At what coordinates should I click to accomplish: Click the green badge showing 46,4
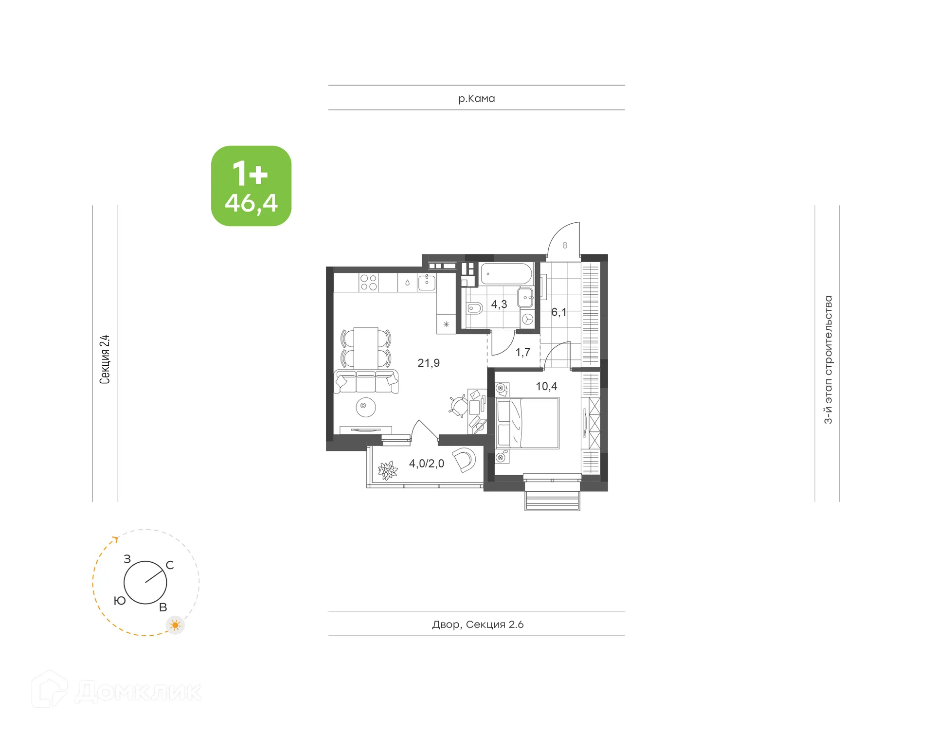click(251, 186)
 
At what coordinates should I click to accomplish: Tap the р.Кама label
click(476, 98)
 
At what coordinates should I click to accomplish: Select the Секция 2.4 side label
click(105, 359)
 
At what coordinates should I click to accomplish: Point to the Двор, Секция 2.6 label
click(478, 624)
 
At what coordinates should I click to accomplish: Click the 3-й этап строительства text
click(828, 359)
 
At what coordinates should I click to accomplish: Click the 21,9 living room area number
click(429, 363)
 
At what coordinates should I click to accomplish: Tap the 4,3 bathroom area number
click(499, 304)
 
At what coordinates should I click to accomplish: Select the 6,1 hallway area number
click(558, 312)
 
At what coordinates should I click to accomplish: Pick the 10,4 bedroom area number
click(546, 386)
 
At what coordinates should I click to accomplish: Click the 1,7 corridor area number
click(523, 352)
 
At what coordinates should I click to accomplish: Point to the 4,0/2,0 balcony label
click(427, 464)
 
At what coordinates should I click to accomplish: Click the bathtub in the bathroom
click(506, 274)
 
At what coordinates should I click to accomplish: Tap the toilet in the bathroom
click(474, 308)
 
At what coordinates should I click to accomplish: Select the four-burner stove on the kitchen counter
click(368, 282)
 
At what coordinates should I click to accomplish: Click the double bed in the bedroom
click(527, 423)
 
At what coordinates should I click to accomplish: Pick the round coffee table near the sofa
click(365, 407)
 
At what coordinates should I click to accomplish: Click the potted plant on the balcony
click(388, 470)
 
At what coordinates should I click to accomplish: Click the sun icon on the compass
click(175, 625)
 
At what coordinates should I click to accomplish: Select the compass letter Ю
click(120, 601)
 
